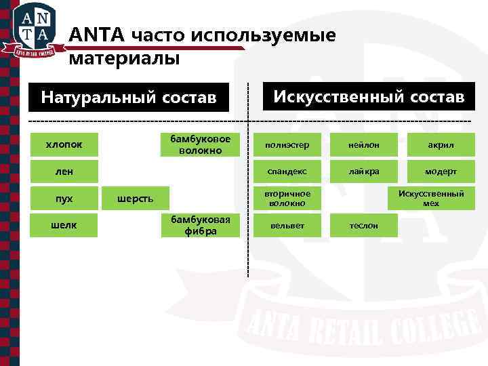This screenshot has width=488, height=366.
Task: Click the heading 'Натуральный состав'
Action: pos(128,97)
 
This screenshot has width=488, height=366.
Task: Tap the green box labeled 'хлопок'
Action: pos(64,144)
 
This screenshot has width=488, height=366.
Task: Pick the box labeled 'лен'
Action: pos(64,171)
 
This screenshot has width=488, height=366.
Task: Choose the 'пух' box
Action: pos(64,199)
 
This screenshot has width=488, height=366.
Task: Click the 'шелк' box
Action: pos(64,226)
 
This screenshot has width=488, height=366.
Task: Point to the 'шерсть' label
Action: pos(135,199)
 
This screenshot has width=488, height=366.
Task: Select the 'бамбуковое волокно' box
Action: pos(200,144)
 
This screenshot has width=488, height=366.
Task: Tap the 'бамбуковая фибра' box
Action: pos(200,226)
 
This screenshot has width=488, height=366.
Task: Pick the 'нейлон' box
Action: pos(364,145)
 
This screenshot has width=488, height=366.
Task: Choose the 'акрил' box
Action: pos(441,145)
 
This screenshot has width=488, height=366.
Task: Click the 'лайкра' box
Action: pos(364,172)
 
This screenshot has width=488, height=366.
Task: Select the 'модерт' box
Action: pos(441,172)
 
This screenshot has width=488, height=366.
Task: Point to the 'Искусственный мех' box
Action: pos(431,199)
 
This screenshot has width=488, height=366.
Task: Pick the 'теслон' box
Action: pos(364,226)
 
